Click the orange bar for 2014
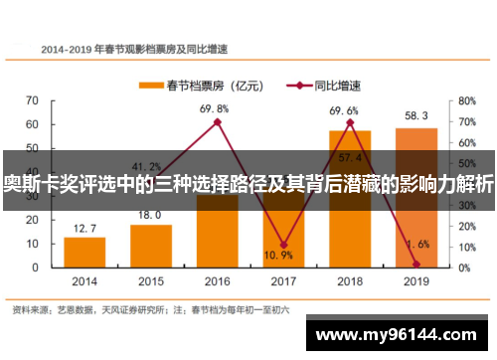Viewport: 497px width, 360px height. point(84,252)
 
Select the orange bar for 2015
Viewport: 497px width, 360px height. point(151,246)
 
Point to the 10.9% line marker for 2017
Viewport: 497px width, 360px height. point(283,245)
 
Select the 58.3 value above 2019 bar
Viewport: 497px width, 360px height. point(415,116)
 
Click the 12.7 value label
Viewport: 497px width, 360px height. point(84,228)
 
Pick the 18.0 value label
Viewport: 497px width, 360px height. point(151,215)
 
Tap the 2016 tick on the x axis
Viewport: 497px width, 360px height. point(217,281)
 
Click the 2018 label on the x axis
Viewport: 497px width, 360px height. point(349,281)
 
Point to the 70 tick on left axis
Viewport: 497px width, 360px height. point(33,100)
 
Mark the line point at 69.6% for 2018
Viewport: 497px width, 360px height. point(350,122)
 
